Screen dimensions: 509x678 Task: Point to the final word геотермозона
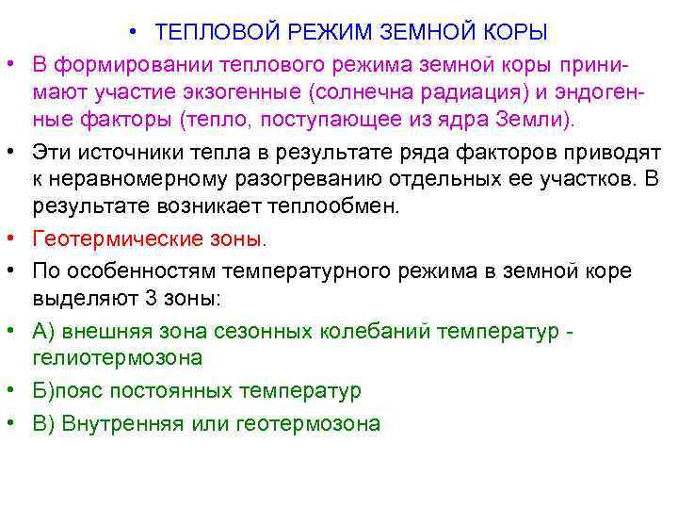point(311,423)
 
